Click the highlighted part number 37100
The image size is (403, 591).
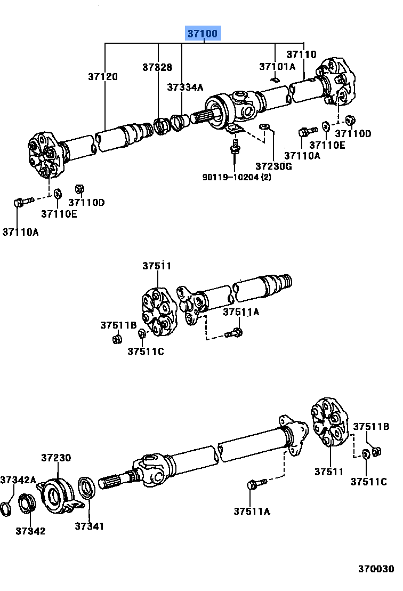coord(203,34)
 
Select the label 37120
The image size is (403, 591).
coord(103,76)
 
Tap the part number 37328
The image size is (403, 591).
coord(157,67)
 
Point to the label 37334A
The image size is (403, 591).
coord(185,87)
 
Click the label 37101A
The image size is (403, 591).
coord(277,67)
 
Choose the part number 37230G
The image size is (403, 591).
coord(273,166)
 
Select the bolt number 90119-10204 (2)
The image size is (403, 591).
coord(236,177)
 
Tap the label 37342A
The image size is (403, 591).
coord(18,480)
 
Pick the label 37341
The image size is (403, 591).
coord(89,526)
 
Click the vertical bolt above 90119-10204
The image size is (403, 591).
coord(235,147)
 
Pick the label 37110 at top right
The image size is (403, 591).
coord(301,54)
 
